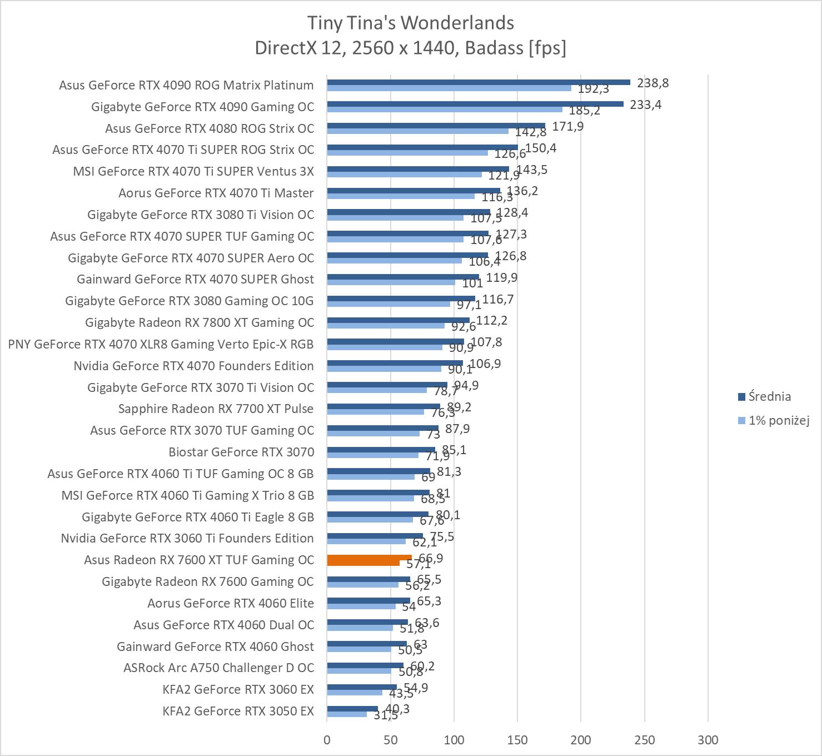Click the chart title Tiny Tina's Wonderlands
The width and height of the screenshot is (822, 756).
tap(410, 23)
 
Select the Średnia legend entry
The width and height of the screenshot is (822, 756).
tap(769, 397)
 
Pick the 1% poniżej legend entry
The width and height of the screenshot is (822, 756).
tap(778, 421)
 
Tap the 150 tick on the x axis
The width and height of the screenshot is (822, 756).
tap(517, 740)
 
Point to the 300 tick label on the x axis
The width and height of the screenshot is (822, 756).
tap(708, 740)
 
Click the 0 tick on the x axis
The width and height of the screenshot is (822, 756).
tap(327, 740)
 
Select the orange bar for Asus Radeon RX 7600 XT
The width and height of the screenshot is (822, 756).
tap(369, 558)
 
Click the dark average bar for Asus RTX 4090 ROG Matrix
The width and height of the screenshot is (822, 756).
tap(478, 82)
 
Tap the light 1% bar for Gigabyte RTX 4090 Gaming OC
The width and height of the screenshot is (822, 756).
tap(445, 110)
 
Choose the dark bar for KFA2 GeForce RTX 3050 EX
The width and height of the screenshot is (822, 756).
tap(352, 709)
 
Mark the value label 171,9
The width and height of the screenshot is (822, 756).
tap(567, 127)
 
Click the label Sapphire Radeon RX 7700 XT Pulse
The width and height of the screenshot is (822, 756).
tap(216, 409)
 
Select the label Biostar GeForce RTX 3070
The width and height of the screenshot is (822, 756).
tap(241, 452)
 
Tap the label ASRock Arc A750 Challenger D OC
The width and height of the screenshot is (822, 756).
tap(218, 668)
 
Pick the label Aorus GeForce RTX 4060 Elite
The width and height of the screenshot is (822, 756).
tap(230, 604)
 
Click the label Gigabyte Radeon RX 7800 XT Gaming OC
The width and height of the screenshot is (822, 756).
tap(199, 323)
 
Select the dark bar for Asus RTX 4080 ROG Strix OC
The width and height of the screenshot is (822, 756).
tap(436, 126)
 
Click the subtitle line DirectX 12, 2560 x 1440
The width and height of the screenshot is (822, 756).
tap(410, 48)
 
